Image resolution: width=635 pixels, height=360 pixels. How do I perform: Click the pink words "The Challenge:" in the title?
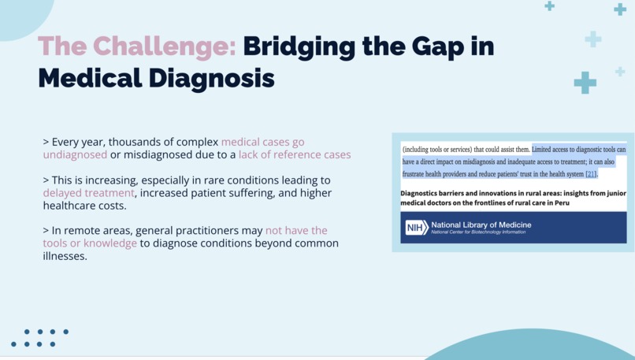pos(136,46)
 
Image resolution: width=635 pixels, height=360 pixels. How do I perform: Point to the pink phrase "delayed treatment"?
pos(88,193)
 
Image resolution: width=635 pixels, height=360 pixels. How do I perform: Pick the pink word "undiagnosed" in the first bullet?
pos(75,154)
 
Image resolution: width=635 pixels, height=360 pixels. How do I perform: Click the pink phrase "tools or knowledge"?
pos(90,243)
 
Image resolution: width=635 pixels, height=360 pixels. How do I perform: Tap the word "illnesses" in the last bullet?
pos(65,256)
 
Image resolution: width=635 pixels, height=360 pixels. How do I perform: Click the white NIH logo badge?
pos(416,228)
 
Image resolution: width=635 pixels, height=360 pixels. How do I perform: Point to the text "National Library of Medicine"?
pos(481,225)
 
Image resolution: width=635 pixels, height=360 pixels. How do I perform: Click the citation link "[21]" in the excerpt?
pos(590,174)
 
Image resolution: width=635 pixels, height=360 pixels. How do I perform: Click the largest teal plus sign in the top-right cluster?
pos(585,82)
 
